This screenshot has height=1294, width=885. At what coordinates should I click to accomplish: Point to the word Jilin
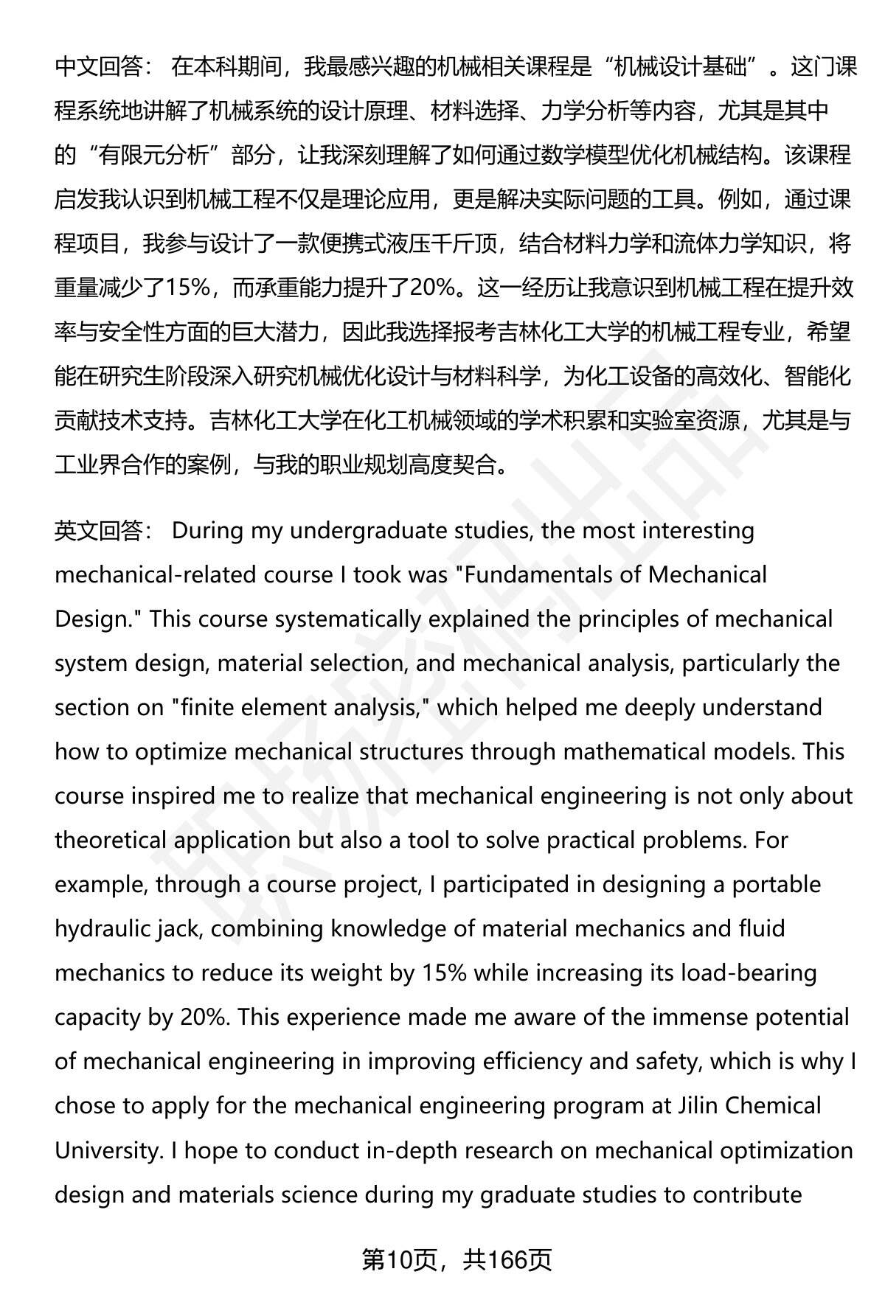tap(698, 1106)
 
